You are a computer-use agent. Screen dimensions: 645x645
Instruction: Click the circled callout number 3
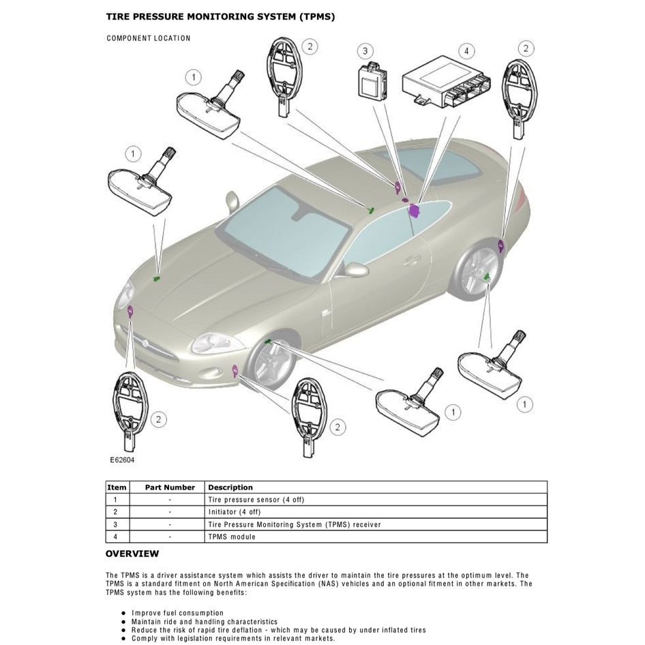(x=365, y=51)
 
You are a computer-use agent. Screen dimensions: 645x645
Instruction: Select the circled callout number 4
(x=466, y=51)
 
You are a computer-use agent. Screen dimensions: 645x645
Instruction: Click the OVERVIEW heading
(x=132, y=554)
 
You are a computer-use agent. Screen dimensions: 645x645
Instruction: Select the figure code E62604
(x=122, y=460)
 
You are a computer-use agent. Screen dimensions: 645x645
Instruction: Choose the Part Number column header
(x=170, y=487)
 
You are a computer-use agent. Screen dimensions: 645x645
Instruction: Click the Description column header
(x=230, y=487)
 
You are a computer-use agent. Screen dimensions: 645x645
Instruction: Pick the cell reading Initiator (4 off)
(x=235, y=512)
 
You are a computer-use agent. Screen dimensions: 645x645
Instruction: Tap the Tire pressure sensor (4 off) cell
(x=256, y=500)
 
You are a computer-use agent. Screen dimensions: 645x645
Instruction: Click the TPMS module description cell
(x=232, y=537)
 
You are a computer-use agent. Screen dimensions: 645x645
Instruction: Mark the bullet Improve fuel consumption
(x=177, y=613)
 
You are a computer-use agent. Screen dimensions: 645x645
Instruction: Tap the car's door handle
(x=412, y=260)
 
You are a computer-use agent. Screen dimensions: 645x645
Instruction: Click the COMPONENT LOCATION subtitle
(x=149, y=38)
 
